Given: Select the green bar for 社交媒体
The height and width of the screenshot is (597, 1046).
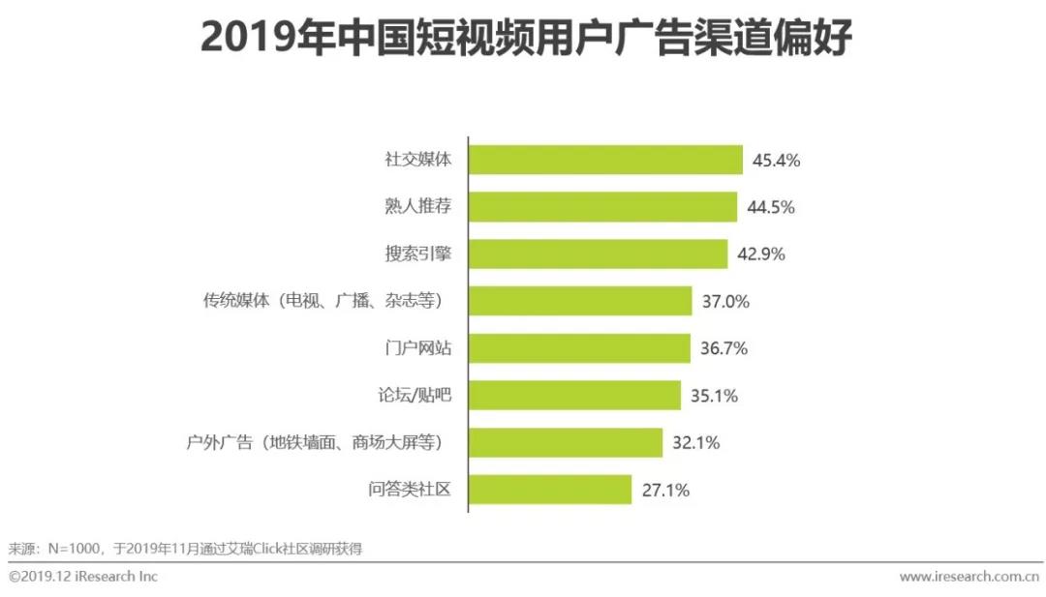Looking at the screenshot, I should (x=605, y=161).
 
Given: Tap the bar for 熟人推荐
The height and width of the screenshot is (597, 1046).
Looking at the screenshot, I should (x=602, y=207).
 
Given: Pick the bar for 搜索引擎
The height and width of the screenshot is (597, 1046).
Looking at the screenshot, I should (x=598, y=254).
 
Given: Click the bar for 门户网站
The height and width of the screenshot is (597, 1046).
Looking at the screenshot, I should (x=579, y=348).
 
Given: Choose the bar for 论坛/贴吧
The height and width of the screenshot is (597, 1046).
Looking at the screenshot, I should (x=574, y=396).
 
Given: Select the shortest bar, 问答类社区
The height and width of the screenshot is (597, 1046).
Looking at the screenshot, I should (x=550, y=490).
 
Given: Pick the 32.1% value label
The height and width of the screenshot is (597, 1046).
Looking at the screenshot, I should (x=694, y=443).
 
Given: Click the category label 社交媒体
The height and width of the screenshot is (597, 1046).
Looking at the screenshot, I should (x=418, y=161).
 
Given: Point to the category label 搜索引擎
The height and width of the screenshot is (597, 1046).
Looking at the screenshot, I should (x=418, y=254).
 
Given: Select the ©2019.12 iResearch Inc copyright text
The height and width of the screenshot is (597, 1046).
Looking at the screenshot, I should (x=83, y=577).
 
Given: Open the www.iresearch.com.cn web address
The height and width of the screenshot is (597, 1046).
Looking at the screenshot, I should (x=969, y=577).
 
